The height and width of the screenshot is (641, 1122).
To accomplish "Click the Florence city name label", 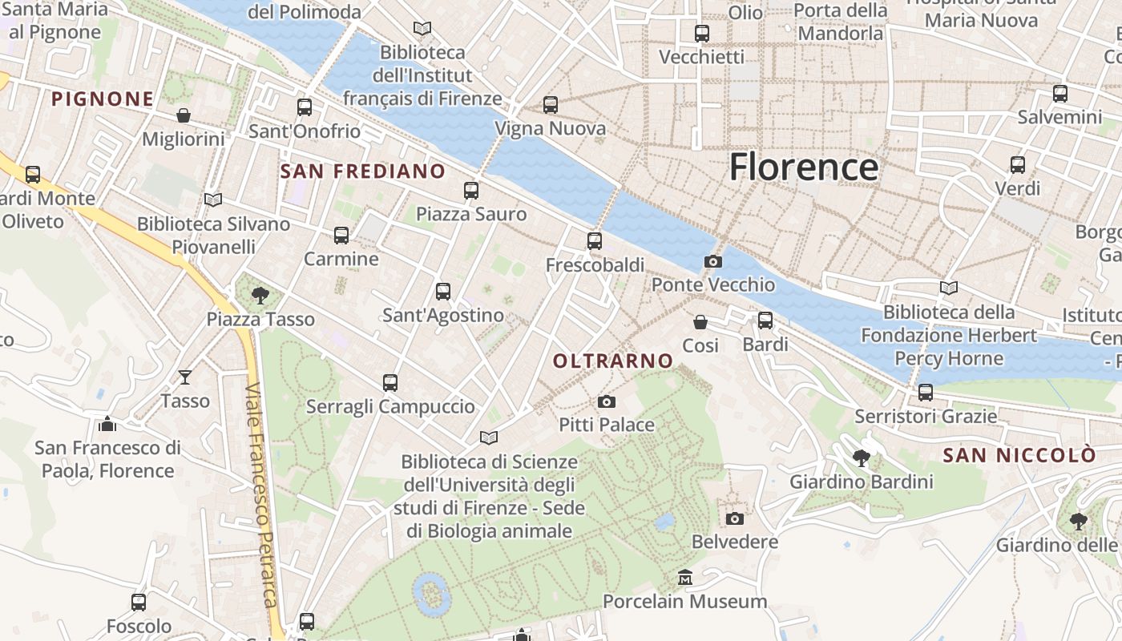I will [x=804, y=167].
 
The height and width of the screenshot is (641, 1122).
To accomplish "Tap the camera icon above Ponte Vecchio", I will [x=712, y=261].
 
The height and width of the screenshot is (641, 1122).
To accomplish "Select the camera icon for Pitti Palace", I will [x=607, y=401].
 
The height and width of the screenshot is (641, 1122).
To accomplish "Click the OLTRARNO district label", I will [x=613, y=361].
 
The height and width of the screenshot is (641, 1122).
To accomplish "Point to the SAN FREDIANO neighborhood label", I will [x=362, y=171].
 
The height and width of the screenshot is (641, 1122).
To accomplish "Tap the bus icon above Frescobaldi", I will [x=594, y=240].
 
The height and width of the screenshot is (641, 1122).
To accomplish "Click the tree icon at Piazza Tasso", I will [x=260, y=296].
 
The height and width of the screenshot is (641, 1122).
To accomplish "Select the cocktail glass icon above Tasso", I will [x=185, y=377].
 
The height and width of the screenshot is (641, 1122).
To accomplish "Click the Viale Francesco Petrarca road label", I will [x=261, y=497].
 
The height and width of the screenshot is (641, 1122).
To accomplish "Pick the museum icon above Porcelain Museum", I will [x=685, y=578].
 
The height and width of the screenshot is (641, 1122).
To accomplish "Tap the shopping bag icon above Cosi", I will [x=700, y=321].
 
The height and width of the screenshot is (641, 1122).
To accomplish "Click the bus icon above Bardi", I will [x=765, y=320].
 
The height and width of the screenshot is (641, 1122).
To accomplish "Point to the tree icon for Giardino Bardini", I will [x=862, y=458].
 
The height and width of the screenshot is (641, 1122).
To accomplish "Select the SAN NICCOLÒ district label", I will [x=1019, y=455].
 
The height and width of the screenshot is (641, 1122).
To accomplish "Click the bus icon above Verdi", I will [x=1017, y=165].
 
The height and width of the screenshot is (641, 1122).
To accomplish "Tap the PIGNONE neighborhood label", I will [x=103, y=99].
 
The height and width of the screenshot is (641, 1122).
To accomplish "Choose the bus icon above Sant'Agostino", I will [x=442, y=292].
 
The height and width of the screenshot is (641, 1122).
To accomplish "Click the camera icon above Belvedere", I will [x=734, y=518].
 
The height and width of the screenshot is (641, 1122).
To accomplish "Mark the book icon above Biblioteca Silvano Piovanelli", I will [x=212, y=200].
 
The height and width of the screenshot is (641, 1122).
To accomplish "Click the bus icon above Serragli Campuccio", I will [x=389, y=383].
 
